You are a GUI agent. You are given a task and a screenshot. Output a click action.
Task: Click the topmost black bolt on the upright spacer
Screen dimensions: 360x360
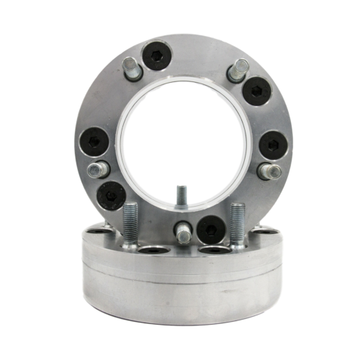[157, 55]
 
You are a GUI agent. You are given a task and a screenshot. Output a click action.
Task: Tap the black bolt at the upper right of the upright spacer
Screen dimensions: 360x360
[256, 91]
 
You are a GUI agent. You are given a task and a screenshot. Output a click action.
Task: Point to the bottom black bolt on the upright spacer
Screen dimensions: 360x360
[210, 229]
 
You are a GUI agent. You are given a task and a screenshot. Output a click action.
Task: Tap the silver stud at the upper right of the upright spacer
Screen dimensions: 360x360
[237, 71]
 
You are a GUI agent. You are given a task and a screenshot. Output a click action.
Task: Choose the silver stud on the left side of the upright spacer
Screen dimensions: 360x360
[98, 170]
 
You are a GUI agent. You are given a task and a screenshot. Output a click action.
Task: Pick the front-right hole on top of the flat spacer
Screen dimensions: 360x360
[215, 250]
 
